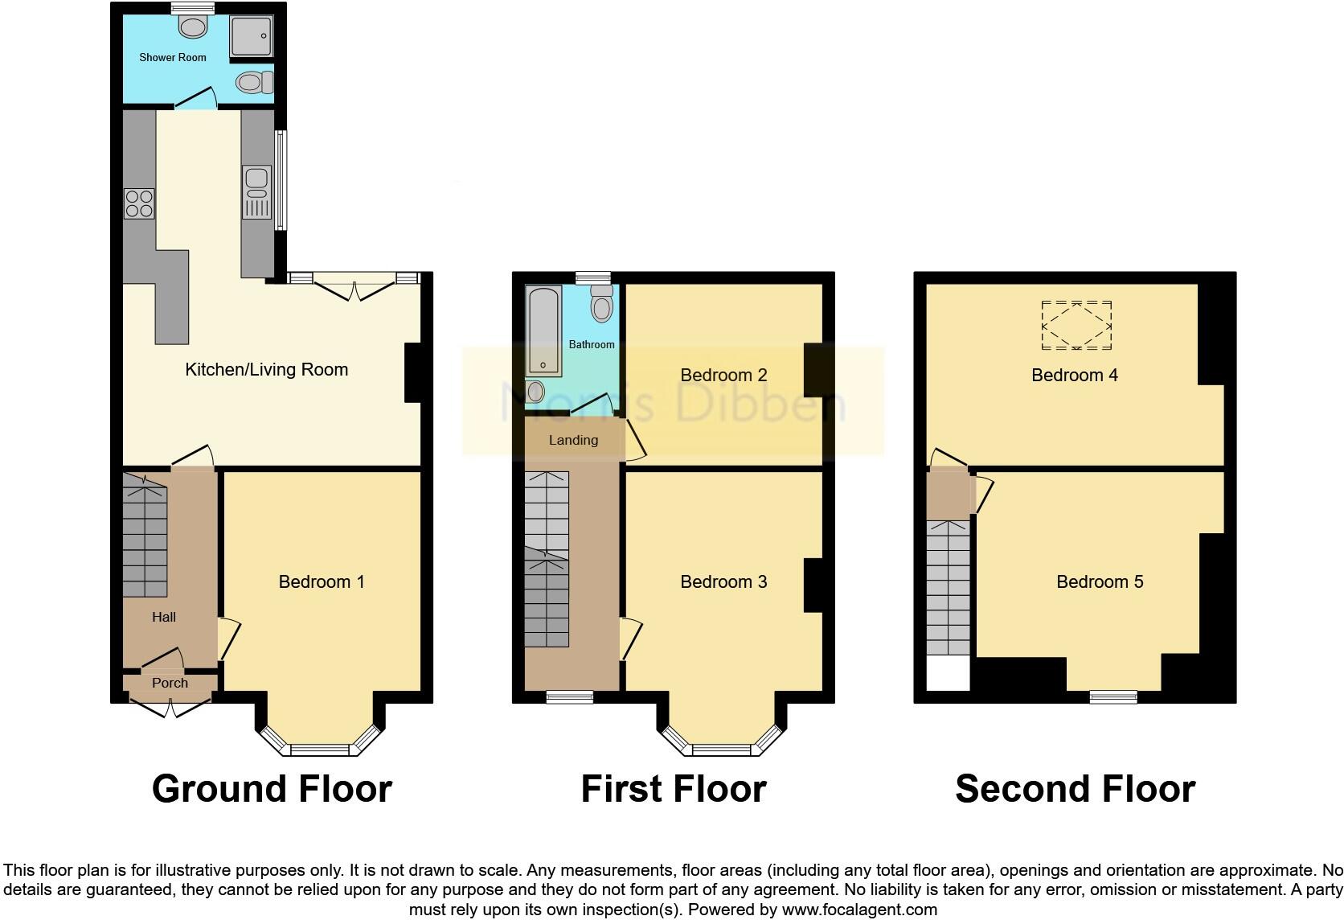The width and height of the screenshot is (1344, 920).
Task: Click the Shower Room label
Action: click(172, 57)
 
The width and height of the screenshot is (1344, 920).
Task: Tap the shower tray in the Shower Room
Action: click(252, 37)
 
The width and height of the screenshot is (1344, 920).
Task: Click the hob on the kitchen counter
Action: click(139, 203)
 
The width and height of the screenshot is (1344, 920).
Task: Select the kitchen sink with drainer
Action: click(256, 192)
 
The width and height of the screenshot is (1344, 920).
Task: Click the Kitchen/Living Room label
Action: click(266, 370)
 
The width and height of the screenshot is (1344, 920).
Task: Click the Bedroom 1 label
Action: click(322, 581)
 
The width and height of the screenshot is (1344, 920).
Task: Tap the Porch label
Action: click(170, 683)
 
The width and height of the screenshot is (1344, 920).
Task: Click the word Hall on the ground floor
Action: click(164, 617)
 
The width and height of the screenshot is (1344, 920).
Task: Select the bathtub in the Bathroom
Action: click(544, 331)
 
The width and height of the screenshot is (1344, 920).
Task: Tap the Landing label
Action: click(573, 440)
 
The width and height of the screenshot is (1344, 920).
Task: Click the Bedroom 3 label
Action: click(723, 581)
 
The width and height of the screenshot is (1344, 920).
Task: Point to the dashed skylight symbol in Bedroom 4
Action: click(1076, 326)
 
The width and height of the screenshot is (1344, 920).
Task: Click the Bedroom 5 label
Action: click(1100, 581)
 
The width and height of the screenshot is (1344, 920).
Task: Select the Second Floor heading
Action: click(1075, 789)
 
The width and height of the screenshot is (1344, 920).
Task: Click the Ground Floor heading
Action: click(272, 789)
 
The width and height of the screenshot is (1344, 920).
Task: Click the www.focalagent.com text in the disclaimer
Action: click(858, 910)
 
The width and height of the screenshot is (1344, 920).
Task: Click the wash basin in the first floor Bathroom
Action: click(535, 392)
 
